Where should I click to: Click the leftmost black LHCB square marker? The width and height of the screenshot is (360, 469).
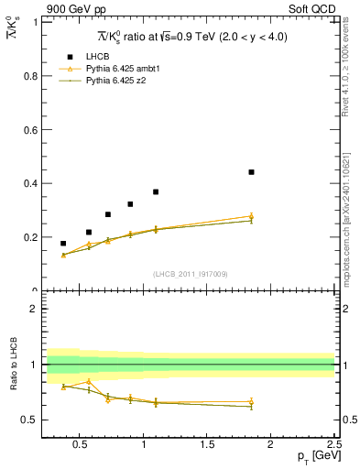(63, 244)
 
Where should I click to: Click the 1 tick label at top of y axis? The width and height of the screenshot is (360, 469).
(34, 23)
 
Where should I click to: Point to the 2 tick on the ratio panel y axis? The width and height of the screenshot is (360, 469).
(34, 309)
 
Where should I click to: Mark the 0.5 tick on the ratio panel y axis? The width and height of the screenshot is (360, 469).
(29, 420)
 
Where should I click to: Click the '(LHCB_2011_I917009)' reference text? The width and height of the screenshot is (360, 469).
(190, 274)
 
